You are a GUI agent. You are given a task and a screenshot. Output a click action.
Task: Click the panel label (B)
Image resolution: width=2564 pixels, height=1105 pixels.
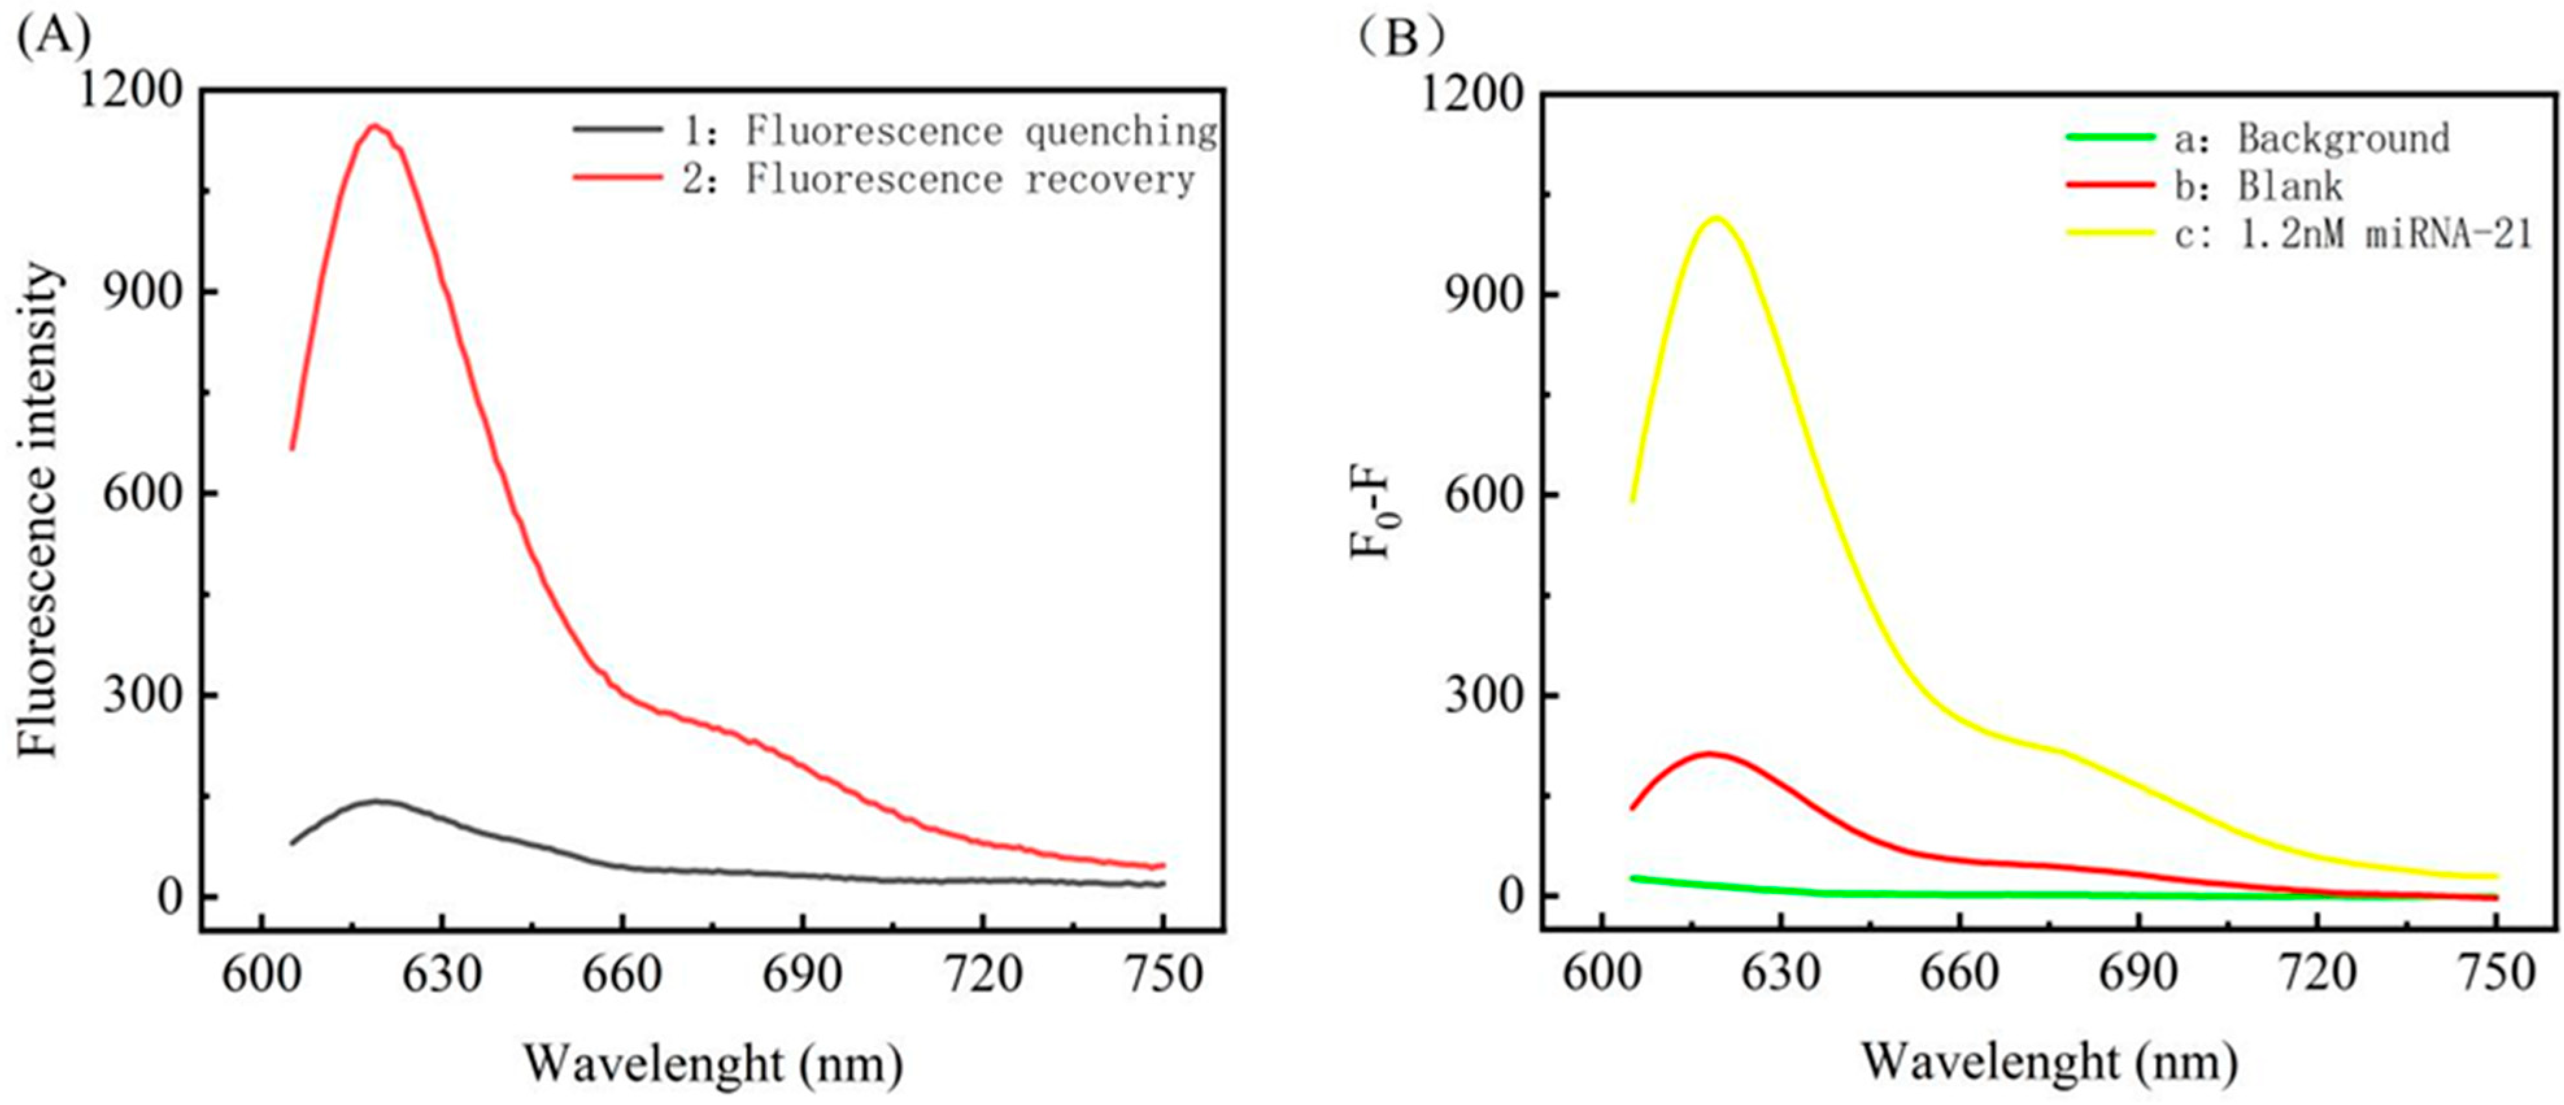pos(1402,37)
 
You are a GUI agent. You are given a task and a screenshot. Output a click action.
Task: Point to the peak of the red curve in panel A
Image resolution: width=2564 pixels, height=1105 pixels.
pos(375,125)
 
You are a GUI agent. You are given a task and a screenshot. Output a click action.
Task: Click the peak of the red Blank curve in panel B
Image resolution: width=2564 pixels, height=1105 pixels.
pos(1709,754)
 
